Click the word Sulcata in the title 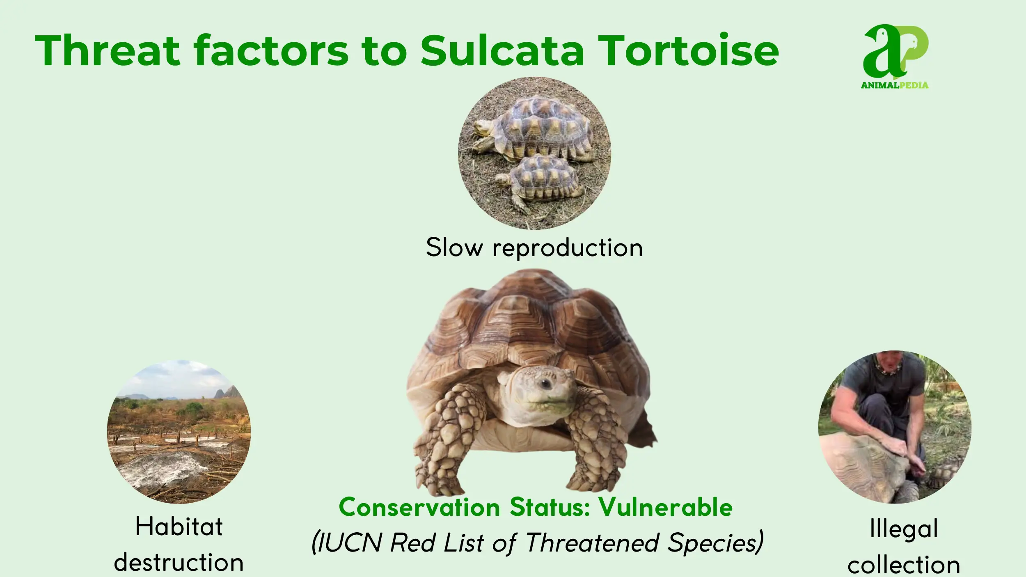coord(502,51)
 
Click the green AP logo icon coord(895,51)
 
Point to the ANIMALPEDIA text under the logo coord(895,85)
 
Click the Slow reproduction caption coord(534,248)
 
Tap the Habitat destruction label coord(179,544)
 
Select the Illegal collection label coord(904,546)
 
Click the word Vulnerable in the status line coord(665,507)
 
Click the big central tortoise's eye coord(545,384)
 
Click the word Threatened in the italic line coord(593,543)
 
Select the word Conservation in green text coord(419,507)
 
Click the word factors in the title coord(271,51)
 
